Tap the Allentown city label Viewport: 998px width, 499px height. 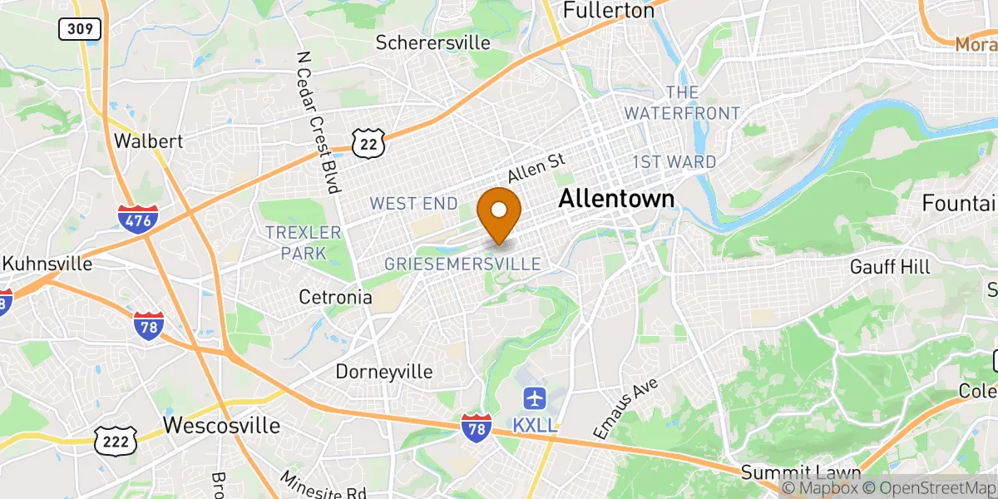click(616, 198)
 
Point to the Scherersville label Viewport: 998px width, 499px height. click(432, 42)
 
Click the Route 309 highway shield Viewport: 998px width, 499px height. click(80, 29)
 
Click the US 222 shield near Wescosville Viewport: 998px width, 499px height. click(116, 442)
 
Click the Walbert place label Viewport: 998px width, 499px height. click(148, 141)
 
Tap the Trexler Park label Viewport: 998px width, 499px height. click(303, 242)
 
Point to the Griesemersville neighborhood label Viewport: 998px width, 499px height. click(462, 264)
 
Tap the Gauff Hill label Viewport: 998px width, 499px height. click(890, 267)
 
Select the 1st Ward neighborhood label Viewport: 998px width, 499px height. click(674, 161)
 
